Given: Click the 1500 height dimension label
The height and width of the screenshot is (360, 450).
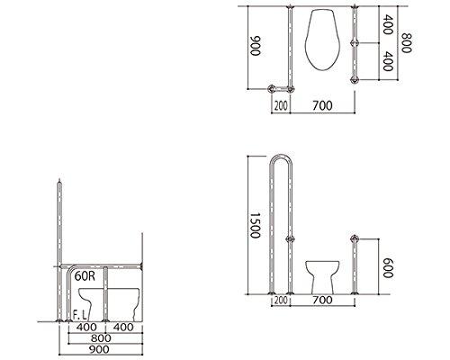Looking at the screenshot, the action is point(255,225).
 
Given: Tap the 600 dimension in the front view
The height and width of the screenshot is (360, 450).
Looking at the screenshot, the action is point(388,267).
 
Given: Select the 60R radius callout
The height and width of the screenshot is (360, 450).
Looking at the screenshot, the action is point(85,276).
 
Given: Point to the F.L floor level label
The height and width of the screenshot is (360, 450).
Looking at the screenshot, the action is point(80,315).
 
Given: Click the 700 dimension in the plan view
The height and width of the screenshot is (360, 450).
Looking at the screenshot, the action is point(322,105).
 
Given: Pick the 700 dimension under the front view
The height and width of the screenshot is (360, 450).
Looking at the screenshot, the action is point(322,300).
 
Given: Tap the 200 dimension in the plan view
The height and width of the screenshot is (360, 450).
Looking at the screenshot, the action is point(281,105).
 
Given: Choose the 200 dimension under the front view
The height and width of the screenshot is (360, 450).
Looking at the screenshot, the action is point(281,300).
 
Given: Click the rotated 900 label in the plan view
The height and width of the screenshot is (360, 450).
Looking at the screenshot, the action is point(256,46).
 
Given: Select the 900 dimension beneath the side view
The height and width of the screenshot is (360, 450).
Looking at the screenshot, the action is point(99,349).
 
